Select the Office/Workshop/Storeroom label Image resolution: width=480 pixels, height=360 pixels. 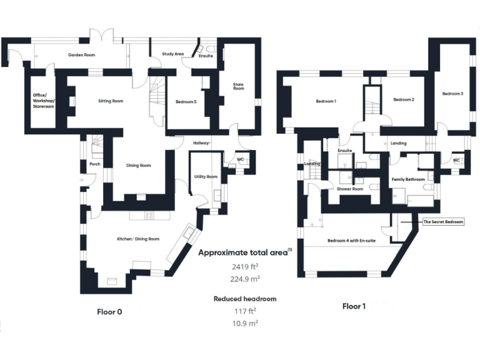[44, 101]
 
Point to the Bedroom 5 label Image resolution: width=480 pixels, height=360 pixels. [186, 101]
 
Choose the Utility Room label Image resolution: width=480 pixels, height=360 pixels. [206, 177]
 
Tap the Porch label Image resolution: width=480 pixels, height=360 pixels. [94, 165]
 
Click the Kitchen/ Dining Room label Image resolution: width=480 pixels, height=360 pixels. [138, 239]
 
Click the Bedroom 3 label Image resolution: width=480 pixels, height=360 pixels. [452, 94]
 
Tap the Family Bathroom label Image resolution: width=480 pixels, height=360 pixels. [408, 179]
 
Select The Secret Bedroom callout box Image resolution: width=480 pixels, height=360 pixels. [443, 221]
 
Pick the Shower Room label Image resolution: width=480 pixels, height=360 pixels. [350, 189]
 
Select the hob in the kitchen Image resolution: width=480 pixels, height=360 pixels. [149, 214]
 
